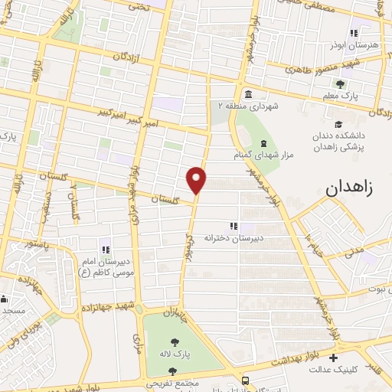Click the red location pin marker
[x=197, y=179]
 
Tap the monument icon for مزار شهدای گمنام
[x=263, y=143]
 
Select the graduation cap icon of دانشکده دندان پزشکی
[x=338, y=125]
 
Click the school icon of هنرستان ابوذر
[x=353, y=33]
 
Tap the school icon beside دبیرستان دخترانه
[x=234, y=225]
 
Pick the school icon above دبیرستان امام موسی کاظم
[x=106, y=249]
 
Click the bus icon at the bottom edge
[x=244, y=381]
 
